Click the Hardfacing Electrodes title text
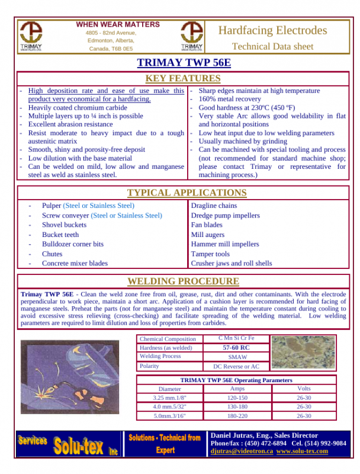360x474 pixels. (x=272, y=30)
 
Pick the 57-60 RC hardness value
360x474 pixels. (x=236, y=348)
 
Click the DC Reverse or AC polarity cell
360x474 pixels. (x=236, y=367)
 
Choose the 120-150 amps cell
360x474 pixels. (x=237, y=398)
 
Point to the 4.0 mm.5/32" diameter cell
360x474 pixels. (x=169, y=407)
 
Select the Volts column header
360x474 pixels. (x=304, y=389)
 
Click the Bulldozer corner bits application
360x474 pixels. (x=72, y=244)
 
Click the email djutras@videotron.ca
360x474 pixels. (x=242, y=451)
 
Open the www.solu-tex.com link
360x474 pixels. (x=302, y=451)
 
